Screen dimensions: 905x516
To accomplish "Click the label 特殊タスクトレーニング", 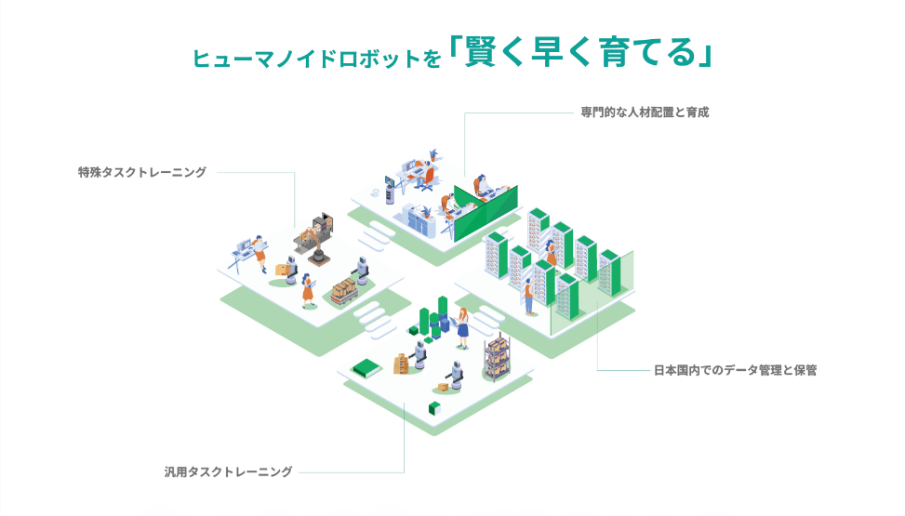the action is (142, 172).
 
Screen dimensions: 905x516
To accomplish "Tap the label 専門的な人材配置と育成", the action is (645, 112).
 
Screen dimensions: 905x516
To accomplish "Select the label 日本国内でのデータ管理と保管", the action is (736, 370).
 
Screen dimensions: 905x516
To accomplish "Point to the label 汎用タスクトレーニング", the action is (229, 471).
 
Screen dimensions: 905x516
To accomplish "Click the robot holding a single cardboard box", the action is (288, 271).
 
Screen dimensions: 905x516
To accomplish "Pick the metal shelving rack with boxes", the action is (497, 356).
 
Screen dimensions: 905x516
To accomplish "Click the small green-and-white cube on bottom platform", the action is (434, 409).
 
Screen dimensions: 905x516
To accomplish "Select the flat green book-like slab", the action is (366, 368).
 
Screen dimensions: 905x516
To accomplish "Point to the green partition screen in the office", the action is (486, 212).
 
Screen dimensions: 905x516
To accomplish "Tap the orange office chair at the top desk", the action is (427, 179).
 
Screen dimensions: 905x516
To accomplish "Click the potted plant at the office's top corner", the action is (433, 154).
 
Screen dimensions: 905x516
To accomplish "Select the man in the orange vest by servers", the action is (528, 297).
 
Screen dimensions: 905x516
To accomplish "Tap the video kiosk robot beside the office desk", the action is (390, 190).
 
